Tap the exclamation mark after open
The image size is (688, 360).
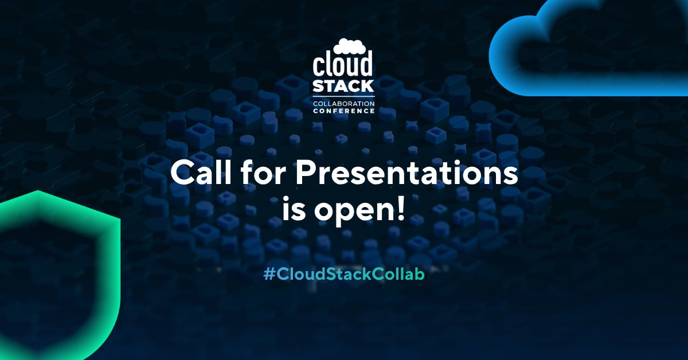point(400,209)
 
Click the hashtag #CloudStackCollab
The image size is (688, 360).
point(344,275)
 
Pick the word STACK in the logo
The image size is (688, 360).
point(343,87)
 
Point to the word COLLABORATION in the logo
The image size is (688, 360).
point(343,103)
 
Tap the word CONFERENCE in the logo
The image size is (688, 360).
point(343,110)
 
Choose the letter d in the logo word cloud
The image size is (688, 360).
point(367,65)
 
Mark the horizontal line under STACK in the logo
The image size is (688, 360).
point(343,96)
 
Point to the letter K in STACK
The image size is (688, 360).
point(368,87)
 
